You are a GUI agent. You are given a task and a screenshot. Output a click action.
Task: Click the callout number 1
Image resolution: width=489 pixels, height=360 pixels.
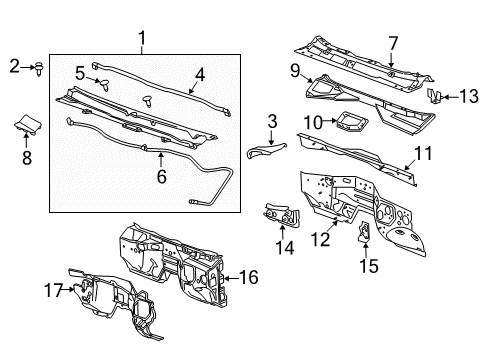click(x=142, y=39)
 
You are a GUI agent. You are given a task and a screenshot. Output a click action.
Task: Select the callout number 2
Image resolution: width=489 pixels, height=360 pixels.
click(x=14, y=67)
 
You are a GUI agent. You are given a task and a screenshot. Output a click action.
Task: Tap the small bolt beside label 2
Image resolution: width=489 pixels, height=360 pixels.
click(x=38, y=68)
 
